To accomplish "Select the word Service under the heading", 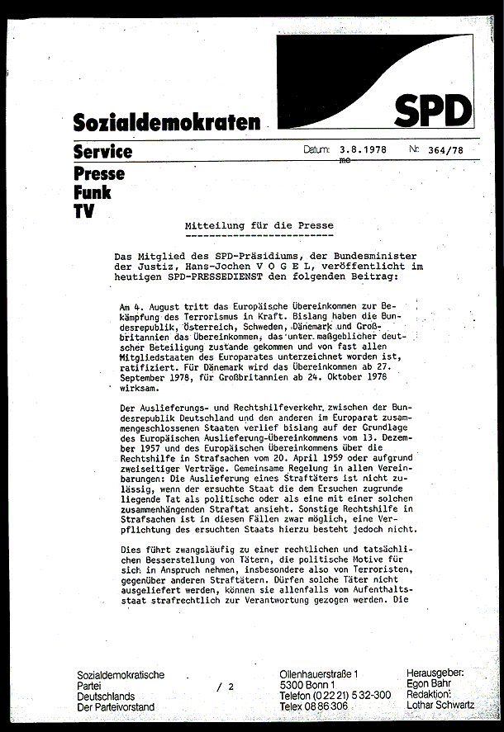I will point(102,152).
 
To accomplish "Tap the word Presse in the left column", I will point(99,173).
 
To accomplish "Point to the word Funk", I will point(92,192).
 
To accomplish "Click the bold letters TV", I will point(83,211).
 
